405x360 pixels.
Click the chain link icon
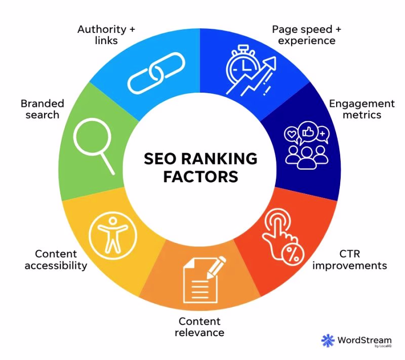tap(156, 73)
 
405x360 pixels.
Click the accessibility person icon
tap(113, 235)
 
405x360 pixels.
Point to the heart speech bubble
tap(292, 135)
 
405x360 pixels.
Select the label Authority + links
tap(106, 35)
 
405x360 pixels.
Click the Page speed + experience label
tap(307, 35)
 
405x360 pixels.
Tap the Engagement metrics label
tap(361, 109)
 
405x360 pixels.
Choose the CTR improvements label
tap(349, 260)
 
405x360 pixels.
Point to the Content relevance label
tap(199, 327)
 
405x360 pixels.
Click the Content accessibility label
tap(56, 260)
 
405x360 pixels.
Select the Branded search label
tap(43, 109)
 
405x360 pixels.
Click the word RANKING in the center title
tap(219, 158)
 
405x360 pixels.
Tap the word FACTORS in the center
tap(200, 177)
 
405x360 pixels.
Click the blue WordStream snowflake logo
tap(328, 340)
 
